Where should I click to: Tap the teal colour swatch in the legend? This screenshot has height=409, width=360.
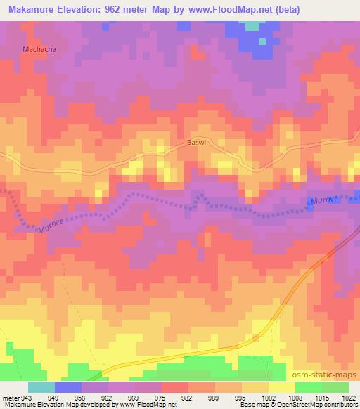coord(41,387)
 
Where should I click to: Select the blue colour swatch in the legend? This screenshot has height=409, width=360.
coord(68,387)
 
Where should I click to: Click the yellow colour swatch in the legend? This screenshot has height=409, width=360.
coord(281,387)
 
